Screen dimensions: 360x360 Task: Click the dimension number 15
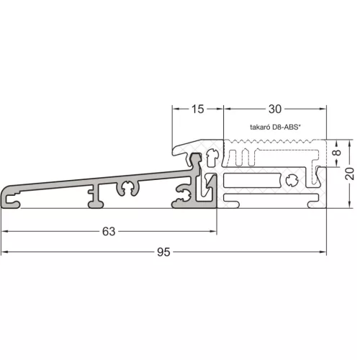pos(198,109)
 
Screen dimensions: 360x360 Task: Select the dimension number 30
pos(275,109)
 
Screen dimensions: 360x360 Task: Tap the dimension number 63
pos(109,232)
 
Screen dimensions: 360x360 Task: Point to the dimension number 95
pos(163,252)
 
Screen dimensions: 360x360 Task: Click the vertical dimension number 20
pos(350,174)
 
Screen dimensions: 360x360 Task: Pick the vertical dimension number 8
pos(337,153)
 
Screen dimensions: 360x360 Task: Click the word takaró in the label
pos(260,127)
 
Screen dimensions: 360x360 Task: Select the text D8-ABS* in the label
pos(287,127)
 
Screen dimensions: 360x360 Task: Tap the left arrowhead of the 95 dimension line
pos(5,252)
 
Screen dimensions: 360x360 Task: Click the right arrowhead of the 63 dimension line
pos(213,231)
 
